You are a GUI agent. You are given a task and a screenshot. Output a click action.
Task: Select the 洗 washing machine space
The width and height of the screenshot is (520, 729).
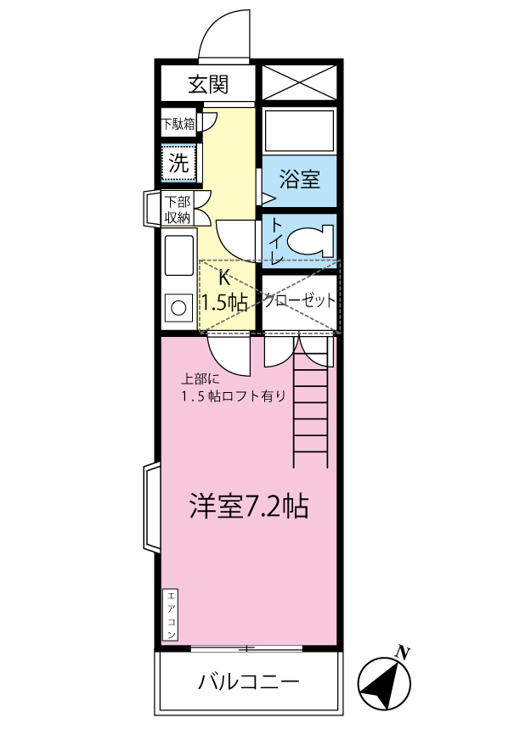tap(179, 163)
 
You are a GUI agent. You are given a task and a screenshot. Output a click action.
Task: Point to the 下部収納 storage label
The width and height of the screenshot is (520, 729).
tap(178, 210)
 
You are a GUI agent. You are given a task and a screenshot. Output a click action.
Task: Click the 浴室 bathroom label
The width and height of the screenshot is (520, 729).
tap(299, 180)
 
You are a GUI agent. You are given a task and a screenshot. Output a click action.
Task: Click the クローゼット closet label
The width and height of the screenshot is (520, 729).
tap(299, 300)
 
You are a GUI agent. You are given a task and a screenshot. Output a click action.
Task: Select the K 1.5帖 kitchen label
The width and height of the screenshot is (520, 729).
tap(224, 291)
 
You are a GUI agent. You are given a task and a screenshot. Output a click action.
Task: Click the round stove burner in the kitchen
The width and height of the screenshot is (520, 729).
tap(178, 307)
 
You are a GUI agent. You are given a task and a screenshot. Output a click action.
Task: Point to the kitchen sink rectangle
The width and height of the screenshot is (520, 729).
tap(178, 255)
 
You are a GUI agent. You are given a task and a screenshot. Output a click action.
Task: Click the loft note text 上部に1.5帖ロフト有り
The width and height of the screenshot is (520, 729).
tap(232, 388)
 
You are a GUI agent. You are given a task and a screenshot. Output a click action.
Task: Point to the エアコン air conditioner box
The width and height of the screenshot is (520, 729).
tap(170, 614)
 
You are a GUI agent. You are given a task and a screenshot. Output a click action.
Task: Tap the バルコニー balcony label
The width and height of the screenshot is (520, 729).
tap(248, 681)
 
